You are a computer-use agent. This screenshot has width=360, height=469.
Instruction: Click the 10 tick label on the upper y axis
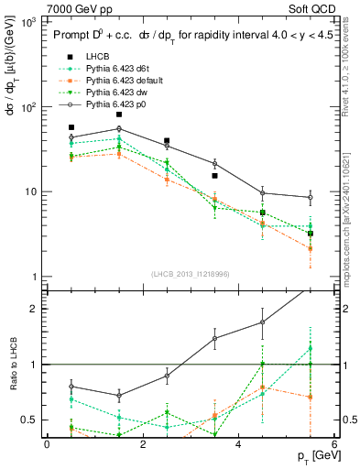coord(30,191)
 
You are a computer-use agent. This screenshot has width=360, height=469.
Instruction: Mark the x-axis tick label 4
coord(238,445)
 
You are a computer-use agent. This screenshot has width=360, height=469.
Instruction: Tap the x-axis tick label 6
coord(334,445)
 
